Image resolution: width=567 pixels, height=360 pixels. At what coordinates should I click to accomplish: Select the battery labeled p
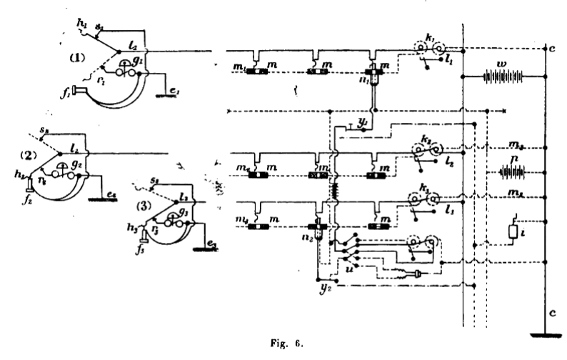click(x=511, y=172)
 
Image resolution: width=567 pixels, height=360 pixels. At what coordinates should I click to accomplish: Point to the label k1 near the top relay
click(x=428, y=37)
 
